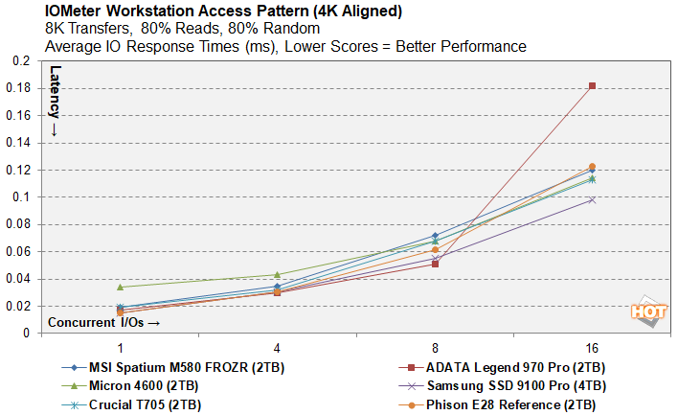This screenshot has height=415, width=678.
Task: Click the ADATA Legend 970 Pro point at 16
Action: [x=592, y=86]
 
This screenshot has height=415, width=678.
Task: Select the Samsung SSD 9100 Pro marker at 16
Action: [x=592, y=199]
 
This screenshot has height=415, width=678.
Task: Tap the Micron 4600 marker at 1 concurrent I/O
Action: [x=120, y=287]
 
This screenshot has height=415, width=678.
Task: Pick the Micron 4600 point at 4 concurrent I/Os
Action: [x=277, y=275]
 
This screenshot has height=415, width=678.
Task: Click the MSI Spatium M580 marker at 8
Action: [x=435, y=236]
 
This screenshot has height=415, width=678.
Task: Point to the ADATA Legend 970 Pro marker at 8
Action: [x=435, y=264]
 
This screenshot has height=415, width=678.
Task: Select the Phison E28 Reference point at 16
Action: [x=592, y=167]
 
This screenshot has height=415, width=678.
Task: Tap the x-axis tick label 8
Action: [x=435, y=346]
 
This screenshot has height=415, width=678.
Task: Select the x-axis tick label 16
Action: [x=592, y=346]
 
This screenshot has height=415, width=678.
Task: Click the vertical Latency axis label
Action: [x=55, y=100]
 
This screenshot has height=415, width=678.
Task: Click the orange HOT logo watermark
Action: [x=647, y=312]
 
